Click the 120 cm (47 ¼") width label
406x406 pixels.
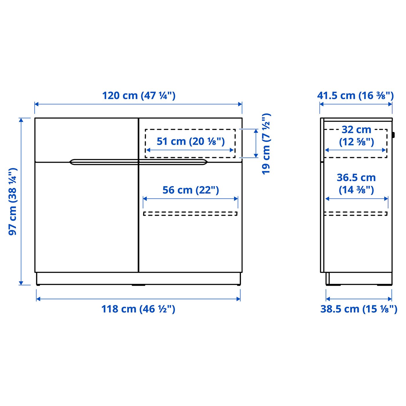(139, 95)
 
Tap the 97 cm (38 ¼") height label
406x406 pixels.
(13, 201)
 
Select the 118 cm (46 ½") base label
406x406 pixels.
(138, 309)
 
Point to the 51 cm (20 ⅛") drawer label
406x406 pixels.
(191, 141)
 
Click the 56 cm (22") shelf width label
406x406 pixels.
(191, 190)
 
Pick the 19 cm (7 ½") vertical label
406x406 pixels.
(266, 144)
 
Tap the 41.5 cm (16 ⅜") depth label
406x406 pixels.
(355, 95)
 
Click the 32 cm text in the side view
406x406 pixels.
(356, 130)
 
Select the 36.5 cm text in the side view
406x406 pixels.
(356, 177)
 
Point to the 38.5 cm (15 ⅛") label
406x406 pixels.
(358, 309)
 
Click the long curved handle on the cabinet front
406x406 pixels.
(139, 162)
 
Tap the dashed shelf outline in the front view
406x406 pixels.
(190, 214)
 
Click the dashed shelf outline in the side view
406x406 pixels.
(356, 214)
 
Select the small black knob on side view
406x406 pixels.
(393, 135)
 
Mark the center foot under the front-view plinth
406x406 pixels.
(138, 285)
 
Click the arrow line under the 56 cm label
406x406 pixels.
(190, 199)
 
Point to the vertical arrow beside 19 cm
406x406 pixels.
(256, 144)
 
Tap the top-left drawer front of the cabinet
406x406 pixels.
(86, 139)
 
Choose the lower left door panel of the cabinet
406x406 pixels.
(86, 217)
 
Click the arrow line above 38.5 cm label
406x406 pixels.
(359, 299)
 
